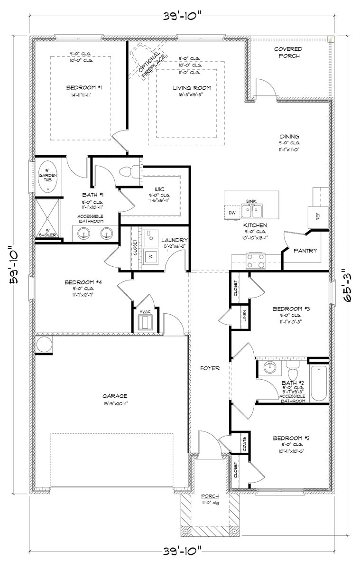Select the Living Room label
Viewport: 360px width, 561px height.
point(191,88)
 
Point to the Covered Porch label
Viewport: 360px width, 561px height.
point(288,53)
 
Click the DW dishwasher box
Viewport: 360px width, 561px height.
point(232,213)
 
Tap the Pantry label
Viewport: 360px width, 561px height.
point(305,251)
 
